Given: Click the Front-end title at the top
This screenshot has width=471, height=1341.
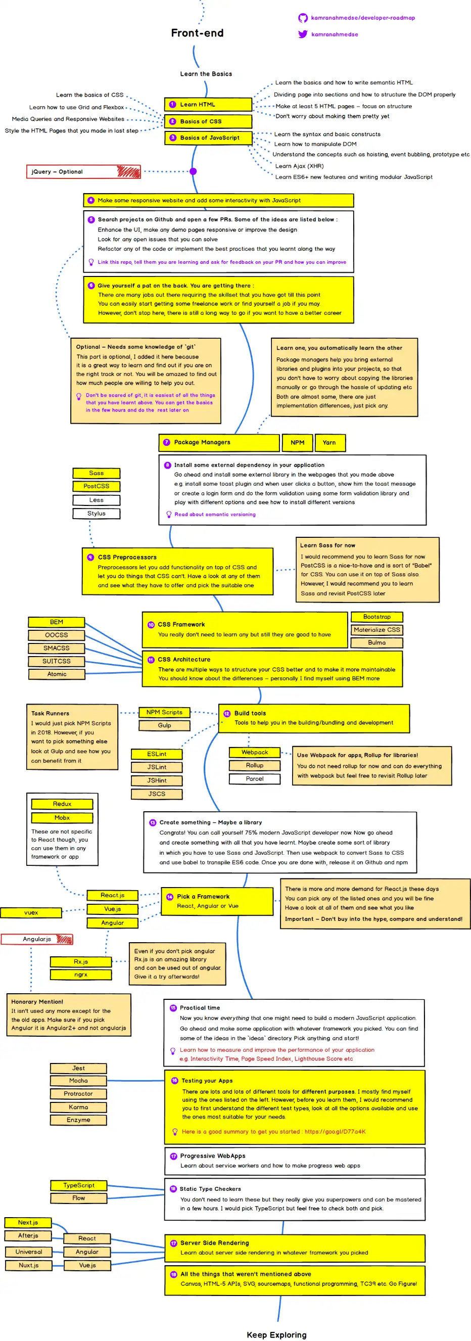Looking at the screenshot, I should (x=197, y=33).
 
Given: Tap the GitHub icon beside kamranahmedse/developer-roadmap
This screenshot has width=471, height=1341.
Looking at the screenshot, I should (x=302, y=18).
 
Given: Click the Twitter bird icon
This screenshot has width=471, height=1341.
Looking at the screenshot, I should (x=302, y=34).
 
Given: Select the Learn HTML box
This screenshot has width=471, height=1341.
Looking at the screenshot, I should (x=208, y=104).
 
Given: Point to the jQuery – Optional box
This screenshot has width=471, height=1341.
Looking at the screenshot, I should (x=83, y=172).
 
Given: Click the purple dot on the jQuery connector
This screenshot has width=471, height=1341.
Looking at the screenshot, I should (x=193, y=171).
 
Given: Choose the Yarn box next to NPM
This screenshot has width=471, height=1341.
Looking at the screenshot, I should (x=329, y=442).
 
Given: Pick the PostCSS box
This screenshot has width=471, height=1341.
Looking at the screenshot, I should (x=97, y=486).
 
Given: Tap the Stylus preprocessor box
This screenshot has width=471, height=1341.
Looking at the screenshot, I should (x=97, y=513).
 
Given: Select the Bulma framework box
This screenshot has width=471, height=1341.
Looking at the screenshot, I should (x=377, y=642).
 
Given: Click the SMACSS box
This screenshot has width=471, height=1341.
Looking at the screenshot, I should (x=56, y=648).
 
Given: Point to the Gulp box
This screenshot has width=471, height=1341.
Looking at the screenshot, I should (x=164, y=725).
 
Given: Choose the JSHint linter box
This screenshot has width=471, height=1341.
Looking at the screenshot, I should (x=157, y=780).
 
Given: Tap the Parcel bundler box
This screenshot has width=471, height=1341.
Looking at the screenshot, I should (x=255, y=779).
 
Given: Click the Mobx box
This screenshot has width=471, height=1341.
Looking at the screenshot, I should (x=62, y=818).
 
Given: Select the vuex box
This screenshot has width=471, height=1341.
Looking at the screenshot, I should (x=31, y=912).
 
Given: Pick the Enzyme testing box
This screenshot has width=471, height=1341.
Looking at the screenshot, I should (x=79, y=1120).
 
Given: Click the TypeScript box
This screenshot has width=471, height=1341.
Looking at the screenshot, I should (x=79, y=1185).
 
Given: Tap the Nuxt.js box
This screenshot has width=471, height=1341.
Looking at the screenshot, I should (x=29, y=1265).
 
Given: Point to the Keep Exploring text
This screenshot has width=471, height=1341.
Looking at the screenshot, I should (x=276, y=1335).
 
